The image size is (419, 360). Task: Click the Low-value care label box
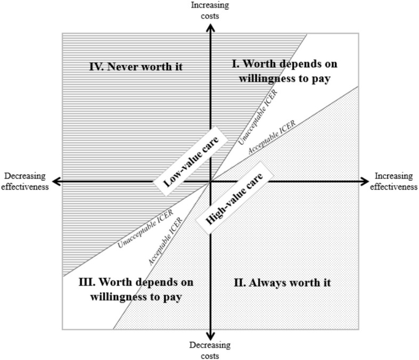(190, 161)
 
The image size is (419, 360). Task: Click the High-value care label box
(235, 198)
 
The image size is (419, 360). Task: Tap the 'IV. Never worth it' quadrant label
(136, 67)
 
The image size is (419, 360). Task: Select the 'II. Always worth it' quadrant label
(282, 282)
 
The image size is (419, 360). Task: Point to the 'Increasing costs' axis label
(210, 11)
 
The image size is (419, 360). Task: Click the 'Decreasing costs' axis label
(210, 350)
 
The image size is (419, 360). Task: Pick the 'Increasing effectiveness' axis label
(393, 181)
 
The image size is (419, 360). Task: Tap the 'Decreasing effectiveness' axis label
(25, 181)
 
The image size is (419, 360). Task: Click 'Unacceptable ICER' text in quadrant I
(258, 117)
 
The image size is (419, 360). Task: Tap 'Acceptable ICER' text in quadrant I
(272, 137)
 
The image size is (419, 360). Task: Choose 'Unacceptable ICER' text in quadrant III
(146, 229)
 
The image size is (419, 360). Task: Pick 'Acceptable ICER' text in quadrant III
(166, 241)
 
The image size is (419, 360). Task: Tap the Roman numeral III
(87, 282)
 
